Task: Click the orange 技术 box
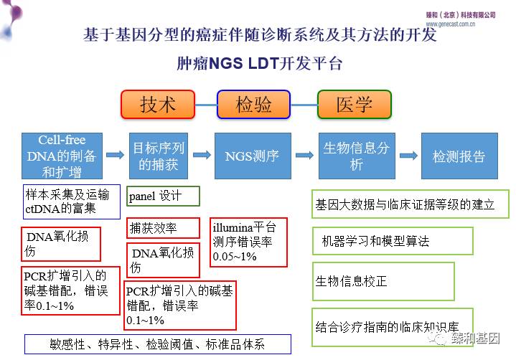click(x=158, y=104)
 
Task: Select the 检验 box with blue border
click(x=254, y=104)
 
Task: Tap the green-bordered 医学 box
click(x=354, y=104)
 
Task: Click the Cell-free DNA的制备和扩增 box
click(x=62, y=156)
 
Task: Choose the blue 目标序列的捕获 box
click(x=159, y=156)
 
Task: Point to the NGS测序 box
click(x=252, y=156)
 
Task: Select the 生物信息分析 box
click(x=357, y=156)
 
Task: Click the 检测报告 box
click(x=459, y=156)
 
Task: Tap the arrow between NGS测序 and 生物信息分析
click(x=304, y=156)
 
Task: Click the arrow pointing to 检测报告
click(x=408, y=156)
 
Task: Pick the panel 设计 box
click(x=163, y=196)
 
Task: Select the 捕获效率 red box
click(x=162, y=228)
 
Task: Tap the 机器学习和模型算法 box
click(x=393, y=242)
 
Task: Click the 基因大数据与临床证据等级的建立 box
click(x=405, y=204)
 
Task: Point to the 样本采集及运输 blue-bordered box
click(x=70, y=202)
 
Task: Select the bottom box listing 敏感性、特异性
click(x=158, y=344)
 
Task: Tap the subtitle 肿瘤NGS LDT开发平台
click(x=259, y=63)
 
